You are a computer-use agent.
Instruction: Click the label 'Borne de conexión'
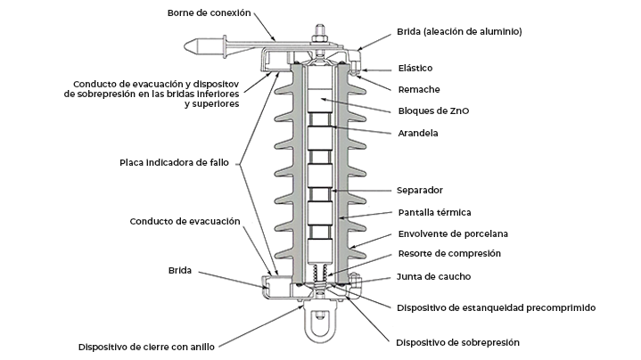click(210, 12)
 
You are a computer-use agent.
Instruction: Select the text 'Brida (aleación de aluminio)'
click(459, 32)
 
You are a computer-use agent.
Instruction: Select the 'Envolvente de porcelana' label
click(452, 233)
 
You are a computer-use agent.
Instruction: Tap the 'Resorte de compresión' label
click(448, 254)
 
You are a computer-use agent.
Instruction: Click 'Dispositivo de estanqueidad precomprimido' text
click(496, 307)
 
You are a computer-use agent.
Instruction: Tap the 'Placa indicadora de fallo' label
click(177, 163)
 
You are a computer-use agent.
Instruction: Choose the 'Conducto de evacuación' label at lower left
click(185, 221)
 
